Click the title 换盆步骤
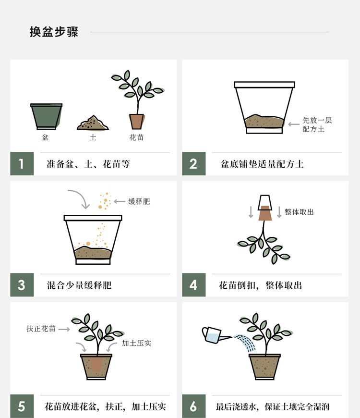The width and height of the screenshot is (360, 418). click(x=54, y=32)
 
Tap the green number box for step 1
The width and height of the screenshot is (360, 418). click(x=22, y=163)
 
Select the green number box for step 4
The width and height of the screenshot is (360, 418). click(x=194, y=285)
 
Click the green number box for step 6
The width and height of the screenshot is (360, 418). click(x=194, y=406)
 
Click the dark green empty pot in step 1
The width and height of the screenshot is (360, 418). click(x=47, y=116)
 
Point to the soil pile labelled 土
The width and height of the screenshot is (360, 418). click(x=93, y=123)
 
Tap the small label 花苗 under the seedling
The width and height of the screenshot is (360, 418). click(x=136, y=137)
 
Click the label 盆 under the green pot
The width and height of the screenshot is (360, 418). click(x=45, y=137)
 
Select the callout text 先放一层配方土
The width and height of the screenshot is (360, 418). click(x=317, y=124)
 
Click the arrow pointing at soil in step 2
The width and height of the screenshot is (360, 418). click(x=294, y=124)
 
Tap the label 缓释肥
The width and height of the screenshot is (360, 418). click(x=139, y=201)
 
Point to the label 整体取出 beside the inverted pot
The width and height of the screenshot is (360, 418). click(x=299, y=212)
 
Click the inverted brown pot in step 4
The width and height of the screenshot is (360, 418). click(x=265, y=213)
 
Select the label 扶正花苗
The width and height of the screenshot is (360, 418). click(x=41, y=329)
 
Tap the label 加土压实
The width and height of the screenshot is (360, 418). click(x=136, y=343)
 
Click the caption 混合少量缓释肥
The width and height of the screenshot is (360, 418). click(x=79, y=285)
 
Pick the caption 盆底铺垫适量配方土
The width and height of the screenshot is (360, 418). click(x=262, y=164)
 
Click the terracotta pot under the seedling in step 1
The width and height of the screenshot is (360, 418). click(x=137, y=122)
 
